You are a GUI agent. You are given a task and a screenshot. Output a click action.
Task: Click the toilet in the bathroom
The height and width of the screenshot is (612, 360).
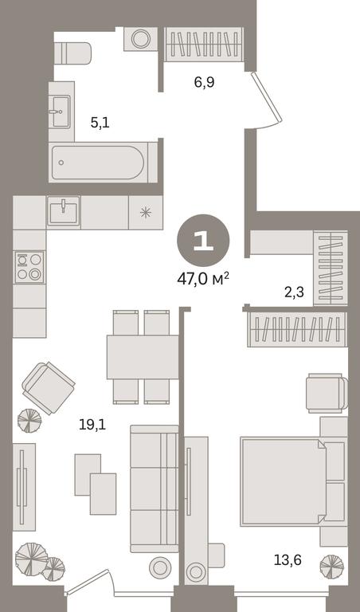pyautogui.click(x=72, y=53)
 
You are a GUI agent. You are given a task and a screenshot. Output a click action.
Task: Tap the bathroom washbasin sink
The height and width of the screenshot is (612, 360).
pyautogui.click(x=61, y=112)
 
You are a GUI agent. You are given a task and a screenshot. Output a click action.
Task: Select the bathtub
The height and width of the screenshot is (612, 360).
pyautogui.click(x=98, y=163)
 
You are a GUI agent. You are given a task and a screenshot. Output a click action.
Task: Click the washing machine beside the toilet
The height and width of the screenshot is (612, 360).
pyautogui.click(x=141, y=38)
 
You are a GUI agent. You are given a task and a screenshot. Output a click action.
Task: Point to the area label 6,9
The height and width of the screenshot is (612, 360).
pyautogui.click(x=205, y=83)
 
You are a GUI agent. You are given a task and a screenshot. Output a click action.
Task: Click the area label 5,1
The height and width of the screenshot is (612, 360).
pyautogui.click(x=100, y=123)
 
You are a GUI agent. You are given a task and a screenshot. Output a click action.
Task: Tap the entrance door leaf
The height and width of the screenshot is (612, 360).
pyautogui.click(x=266, y=97)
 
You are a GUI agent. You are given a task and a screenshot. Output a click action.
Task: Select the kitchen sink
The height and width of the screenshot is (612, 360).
pyautogui.click(x=63, y=211)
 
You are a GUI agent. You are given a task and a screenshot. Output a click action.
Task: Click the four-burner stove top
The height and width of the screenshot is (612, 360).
pyautogui.click(x=29, y=267)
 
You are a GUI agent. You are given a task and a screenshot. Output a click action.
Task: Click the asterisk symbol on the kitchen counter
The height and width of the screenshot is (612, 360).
pyautogui.click(x=146, y=212)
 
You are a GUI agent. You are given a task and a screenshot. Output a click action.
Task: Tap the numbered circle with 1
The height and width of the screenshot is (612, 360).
pyautogui.click(x=203, y=241)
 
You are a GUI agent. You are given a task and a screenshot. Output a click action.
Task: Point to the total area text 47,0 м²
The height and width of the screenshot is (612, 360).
pyautogui.click(x=203, y=280)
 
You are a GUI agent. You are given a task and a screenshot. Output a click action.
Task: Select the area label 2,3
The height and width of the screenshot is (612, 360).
pyautogui.click(x=294, y=292)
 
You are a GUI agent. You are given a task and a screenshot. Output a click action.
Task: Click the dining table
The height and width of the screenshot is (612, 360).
pyautogui.click(x=143, y=357)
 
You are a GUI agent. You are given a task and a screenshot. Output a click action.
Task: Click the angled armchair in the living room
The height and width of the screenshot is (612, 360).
pyautogui.click(x=49, y=388)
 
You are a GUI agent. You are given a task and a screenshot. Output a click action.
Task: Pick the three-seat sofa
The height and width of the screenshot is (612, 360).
pyautogui.click(x=154, y=488)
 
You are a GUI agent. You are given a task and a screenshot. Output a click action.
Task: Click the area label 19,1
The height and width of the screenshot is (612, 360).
pyautogui.click(x=92, y=425)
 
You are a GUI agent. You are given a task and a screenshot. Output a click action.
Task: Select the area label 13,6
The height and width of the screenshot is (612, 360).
pyautogui.click(x=288, y=560)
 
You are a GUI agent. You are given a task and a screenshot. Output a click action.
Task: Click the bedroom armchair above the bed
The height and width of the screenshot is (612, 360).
pyautogui.click(x=327, y=393)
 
